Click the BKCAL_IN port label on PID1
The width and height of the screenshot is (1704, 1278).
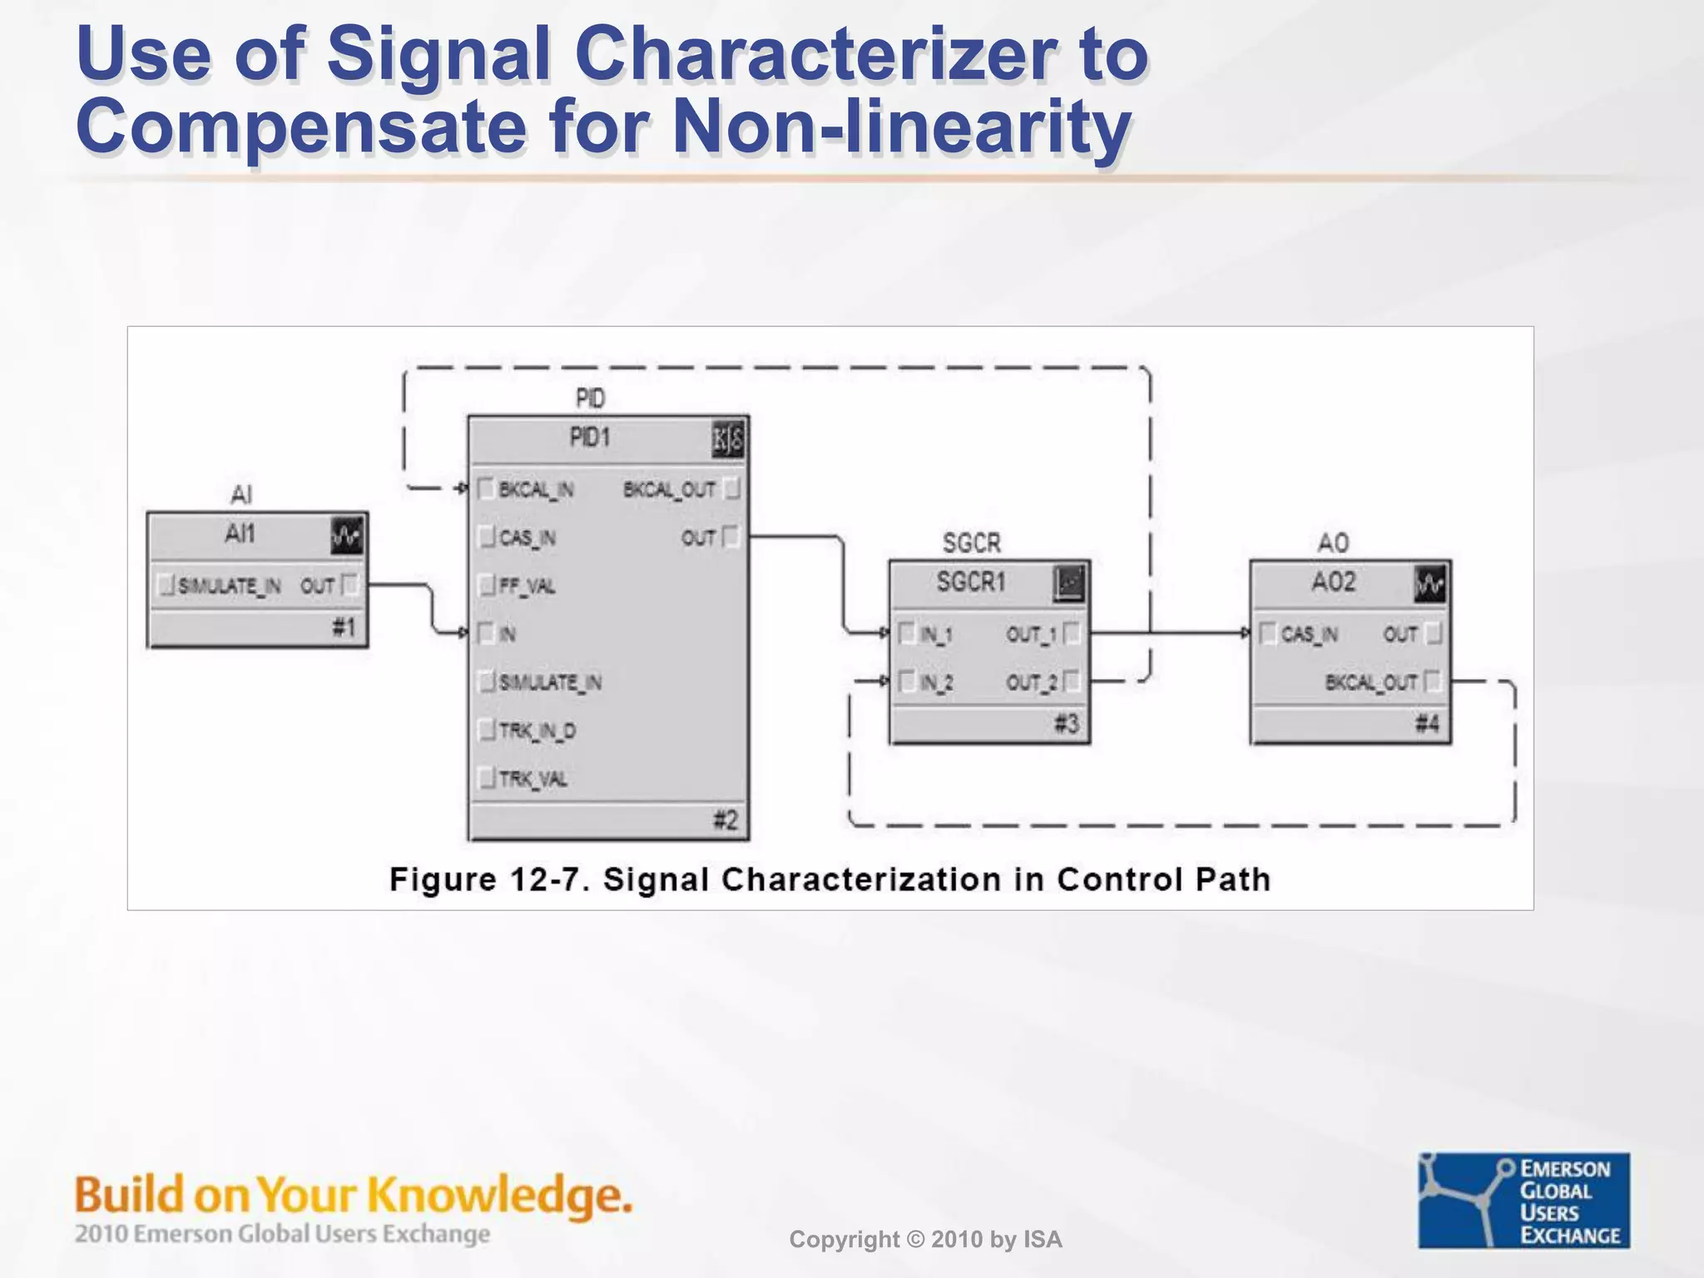click(535, 489)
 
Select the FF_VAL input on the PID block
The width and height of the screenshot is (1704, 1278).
click(527, 586)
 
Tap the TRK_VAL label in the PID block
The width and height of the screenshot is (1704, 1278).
click(532, 779)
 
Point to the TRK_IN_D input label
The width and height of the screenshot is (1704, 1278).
click(537, 731)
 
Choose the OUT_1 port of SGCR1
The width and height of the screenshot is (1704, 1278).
click(1032, 634)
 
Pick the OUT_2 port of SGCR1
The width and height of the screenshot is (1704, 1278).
click(1032, 682)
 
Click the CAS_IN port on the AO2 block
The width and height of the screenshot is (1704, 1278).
click(1309, 634)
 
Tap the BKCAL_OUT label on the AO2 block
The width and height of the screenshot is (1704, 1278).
click(1371, 682)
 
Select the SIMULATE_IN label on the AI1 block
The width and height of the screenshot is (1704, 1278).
click(229, 586)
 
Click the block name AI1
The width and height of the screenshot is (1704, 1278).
click(240, 533)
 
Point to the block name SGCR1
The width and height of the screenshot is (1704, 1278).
click(971, 581)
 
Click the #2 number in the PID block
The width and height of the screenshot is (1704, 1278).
click(726, 820)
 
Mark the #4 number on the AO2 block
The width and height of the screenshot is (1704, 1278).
click(1427, 723)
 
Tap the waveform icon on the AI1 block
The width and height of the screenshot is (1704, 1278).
click(347, 537)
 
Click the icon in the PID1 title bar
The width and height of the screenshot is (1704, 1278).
click(728, 440)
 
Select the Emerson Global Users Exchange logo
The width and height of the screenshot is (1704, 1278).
click(1524, 1200)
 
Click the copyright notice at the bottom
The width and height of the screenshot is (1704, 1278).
click(925, 1240)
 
